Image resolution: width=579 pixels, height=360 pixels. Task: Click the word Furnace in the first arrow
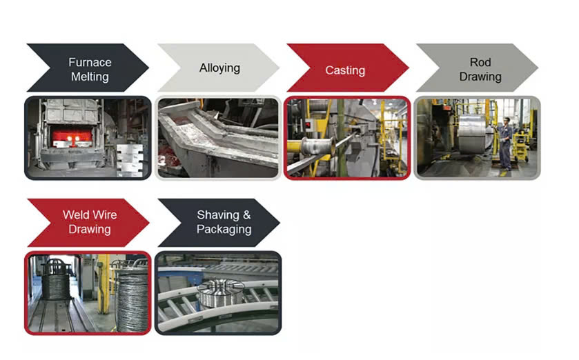(x=90, y=62)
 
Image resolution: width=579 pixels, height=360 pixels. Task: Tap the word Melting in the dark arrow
(x=90, y=77)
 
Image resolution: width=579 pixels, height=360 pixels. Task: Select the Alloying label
(x=219, y=68)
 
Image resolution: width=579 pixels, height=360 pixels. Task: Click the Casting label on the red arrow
(x=345, y=70)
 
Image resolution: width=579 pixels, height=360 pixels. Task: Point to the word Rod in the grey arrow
(x=480, y=62)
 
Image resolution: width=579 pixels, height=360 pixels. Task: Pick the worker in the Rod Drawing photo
(x=506, y=143)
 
